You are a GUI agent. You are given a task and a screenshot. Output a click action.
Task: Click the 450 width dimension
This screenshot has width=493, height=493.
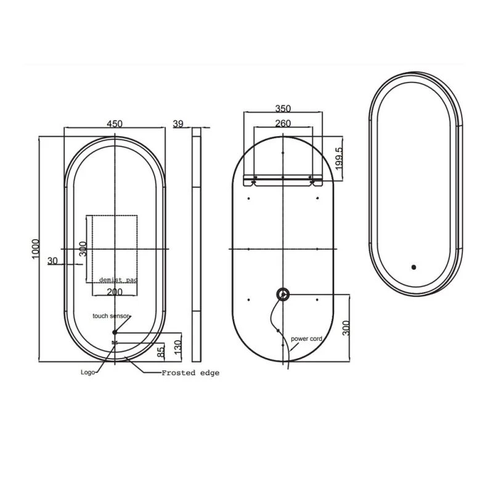114,123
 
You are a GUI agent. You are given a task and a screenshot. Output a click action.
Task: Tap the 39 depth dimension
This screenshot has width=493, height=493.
178,123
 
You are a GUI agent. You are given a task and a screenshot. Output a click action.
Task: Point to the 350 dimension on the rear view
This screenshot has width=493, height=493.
283,108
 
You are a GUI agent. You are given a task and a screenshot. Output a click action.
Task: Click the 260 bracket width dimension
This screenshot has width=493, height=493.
283,123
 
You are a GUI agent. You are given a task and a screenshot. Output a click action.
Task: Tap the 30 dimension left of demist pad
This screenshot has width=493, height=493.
52,261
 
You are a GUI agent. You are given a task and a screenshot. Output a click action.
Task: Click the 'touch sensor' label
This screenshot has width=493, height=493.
111,316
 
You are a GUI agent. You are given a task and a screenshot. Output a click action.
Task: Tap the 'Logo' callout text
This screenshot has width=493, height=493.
88,372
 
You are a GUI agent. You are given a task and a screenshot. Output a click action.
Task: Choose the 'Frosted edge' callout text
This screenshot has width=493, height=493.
190,373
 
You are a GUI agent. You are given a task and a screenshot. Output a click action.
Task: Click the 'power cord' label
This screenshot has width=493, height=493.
306,338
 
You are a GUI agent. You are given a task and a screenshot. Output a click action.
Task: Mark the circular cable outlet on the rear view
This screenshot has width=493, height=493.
283,295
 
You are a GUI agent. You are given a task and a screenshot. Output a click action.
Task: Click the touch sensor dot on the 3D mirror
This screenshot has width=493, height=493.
414,267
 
